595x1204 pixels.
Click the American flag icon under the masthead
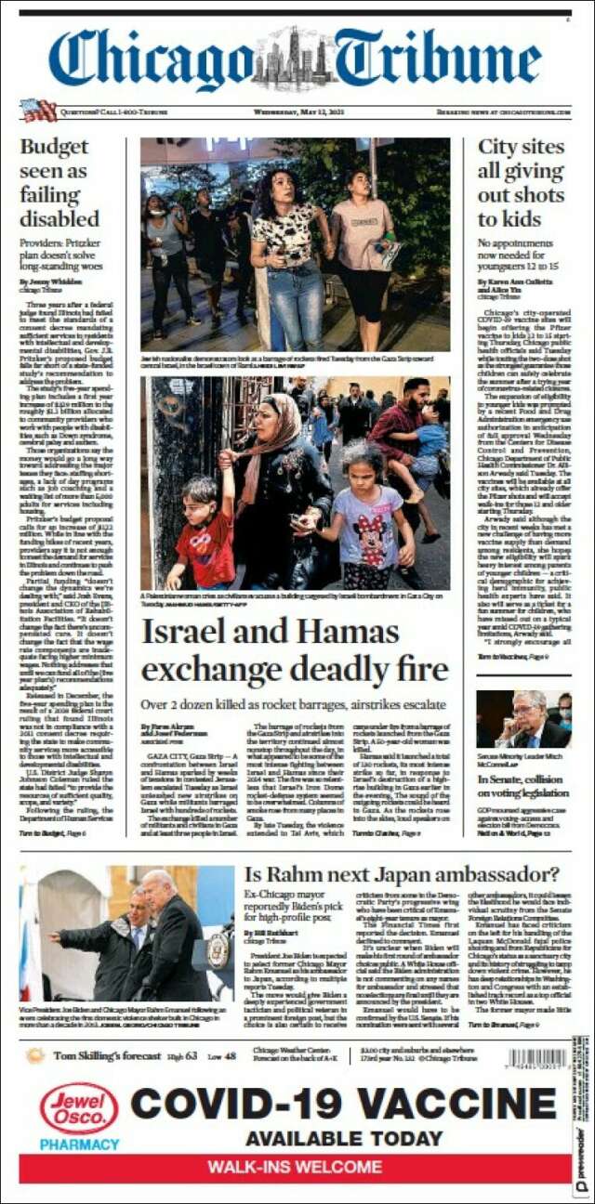(38, 111)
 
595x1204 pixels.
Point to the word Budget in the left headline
(55, 147)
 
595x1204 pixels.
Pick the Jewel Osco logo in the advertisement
(79, 1107)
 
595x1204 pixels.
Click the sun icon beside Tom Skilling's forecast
(35, 1055)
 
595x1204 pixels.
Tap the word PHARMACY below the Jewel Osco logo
(79, 1145)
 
